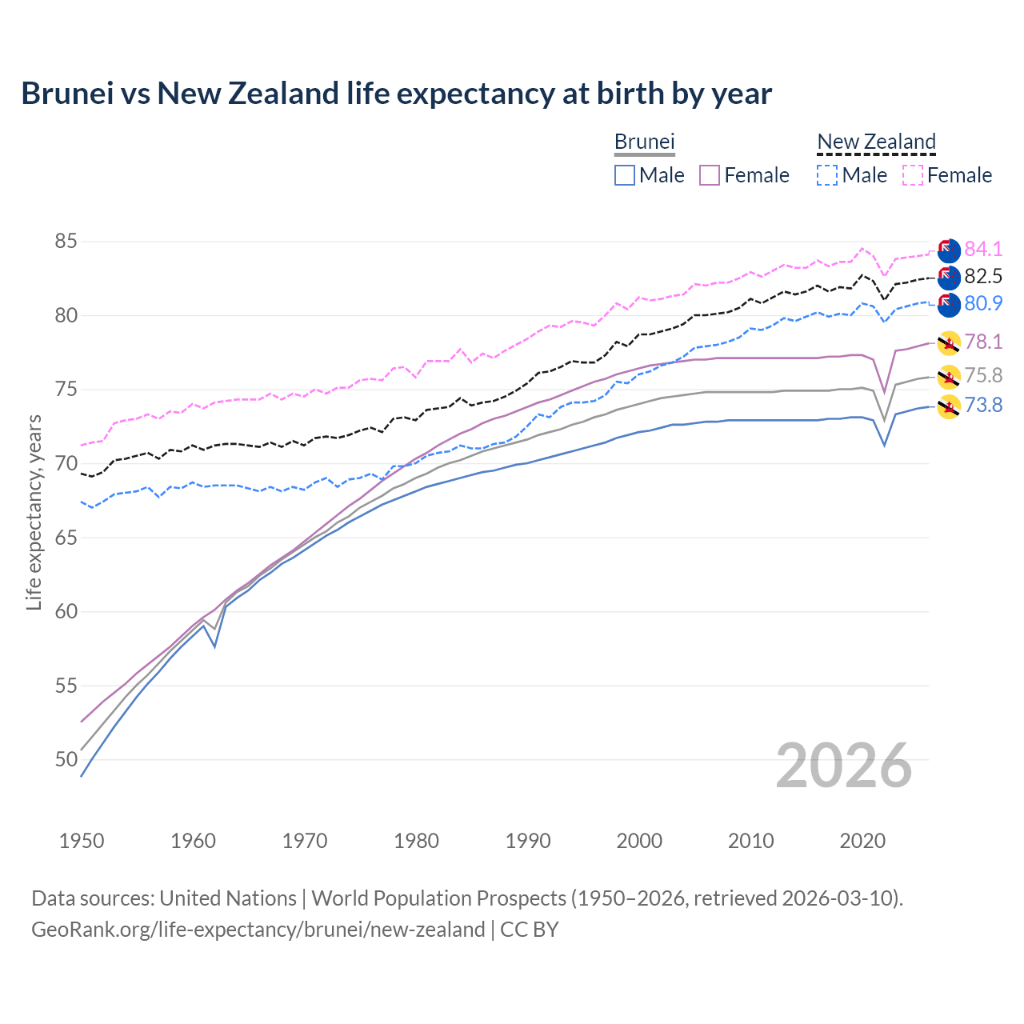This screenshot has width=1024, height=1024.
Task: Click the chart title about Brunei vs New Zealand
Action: pos(396,94)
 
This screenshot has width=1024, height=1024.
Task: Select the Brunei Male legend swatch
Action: pos(625,175)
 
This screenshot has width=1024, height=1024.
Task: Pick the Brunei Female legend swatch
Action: pos(710,175)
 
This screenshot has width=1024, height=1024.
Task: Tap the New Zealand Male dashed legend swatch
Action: pos(827,175)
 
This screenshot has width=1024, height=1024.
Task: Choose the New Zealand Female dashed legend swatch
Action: pos(913,175)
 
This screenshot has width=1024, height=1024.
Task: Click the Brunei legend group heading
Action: pos(645,142)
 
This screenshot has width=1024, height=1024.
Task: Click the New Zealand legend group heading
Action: pos(876,142)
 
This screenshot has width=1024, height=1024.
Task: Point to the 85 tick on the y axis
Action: pos(66,242)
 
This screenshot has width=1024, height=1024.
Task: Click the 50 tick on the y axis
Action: pos(66,760)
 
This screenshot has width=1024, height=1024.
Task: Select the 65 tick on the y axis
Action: pos(66,538)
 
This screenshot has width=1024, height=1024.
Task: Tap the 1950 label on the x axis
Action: pos(82,841)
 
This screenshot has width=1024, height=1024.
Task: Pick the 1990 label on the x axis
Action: pos(528,841)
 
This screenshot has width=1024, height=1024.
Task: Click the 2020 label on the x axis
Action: pos(862,841)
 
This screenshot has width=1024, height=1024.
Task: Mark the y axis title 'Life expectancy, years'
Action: pos(34,512)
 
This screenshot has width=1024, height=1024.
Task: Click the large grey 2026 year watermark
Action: pos(844,766)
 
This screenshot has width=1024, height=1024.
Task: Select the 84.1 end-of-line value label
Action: pos(983,249)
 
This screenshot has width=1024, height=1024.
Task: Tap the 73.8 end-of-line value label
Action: pos(983,405)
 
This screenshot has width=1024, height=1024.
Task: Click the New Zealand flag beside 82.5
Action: pos(948,278)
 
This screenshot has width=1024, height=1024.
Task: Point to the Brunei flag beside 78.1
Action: pos(948,342)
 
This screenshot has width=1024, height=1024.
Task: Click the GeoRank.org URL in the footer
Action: pos(258,930)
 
